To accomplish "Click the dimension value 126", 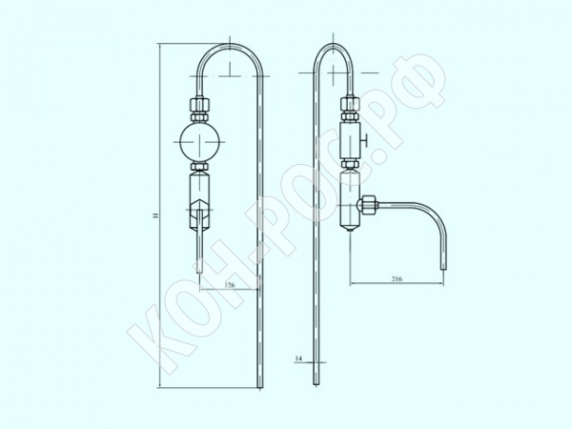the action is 230,285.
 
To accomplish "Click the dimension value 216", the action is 397,279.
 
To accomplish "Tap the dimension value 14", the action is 298,358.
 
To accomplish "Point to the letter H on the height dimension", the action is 156,215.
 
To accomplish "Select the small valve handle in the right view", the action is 365,139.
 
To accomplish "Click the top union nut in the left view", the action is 199,104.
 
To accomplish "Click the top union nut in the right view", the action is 350,104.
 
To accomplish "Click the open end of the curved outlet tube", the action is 443,269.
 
